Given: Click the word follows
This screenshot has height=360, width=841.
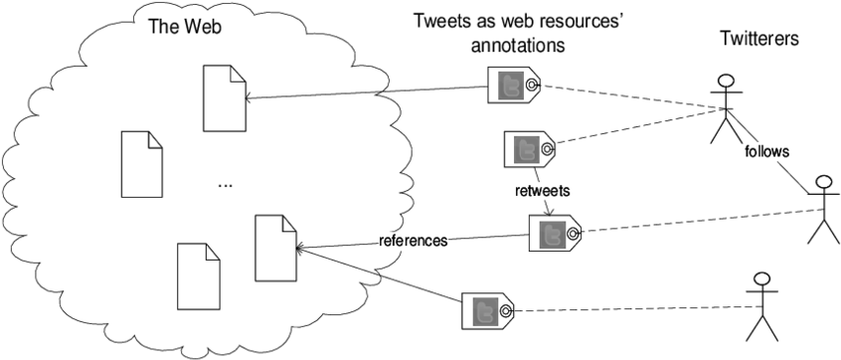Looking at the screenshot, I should point(766,152).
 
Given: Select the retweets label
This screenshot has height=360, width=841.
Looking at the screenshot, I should point(542,191).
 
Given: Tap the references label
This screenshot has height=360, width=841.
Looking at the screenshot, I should point(413,242).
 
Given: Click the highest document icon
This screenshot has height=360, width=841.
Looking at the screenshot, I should point(224,98).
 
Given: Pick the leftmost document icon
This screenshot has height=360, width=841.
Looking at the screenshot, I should point(141,164).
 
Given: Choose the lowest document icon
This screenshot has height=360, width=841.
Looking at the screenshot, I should point(198,276).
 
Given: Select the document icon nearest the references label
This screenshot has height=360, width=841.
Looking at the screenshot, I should point(275,248).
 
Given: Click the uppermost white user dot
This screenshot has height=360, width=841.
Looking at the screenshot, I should point(727,81).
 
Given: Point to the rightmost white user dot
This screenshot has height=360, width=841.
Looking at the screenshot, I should point(823,181).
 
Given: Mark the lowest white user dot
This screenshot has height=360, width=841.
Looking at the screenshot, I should point(761,278).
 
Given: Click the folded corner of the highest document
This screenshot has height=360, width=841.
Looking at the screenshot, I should point(238,73).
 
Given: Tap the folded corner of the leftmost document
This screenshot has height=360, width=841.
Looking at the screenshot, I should point(155,138).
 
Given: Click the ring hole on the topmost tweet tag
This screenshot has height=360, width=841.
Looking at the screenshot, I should point(533,87).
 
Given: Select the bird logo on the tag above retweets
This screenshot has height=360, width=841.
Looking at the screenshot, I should point(526,149).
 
